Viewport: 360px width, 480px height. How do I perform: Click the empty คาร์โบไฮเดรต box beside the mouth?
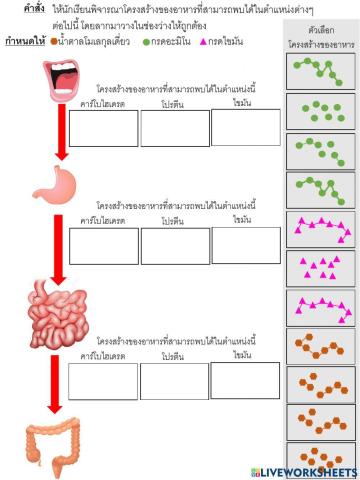103,127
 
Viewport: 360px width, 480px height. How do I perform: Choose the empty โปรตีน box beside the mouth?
174,127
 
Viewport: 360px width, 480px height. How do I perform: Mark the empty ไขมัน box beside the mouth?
245,127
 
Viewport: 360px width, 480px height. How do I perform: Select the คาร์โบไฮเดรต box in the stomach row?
103,246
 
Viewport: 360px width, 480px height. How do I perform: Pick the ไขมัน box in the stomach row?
245,246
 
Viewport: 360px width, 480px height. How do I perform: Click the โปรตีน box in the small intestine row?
174,381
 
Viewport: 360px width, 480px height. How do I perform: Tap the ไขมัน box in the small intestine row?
245,381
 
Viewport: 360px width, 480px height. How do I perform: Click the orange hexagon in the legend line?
55,42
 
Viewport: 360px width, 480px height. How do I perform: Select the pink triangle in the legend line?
205,42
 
